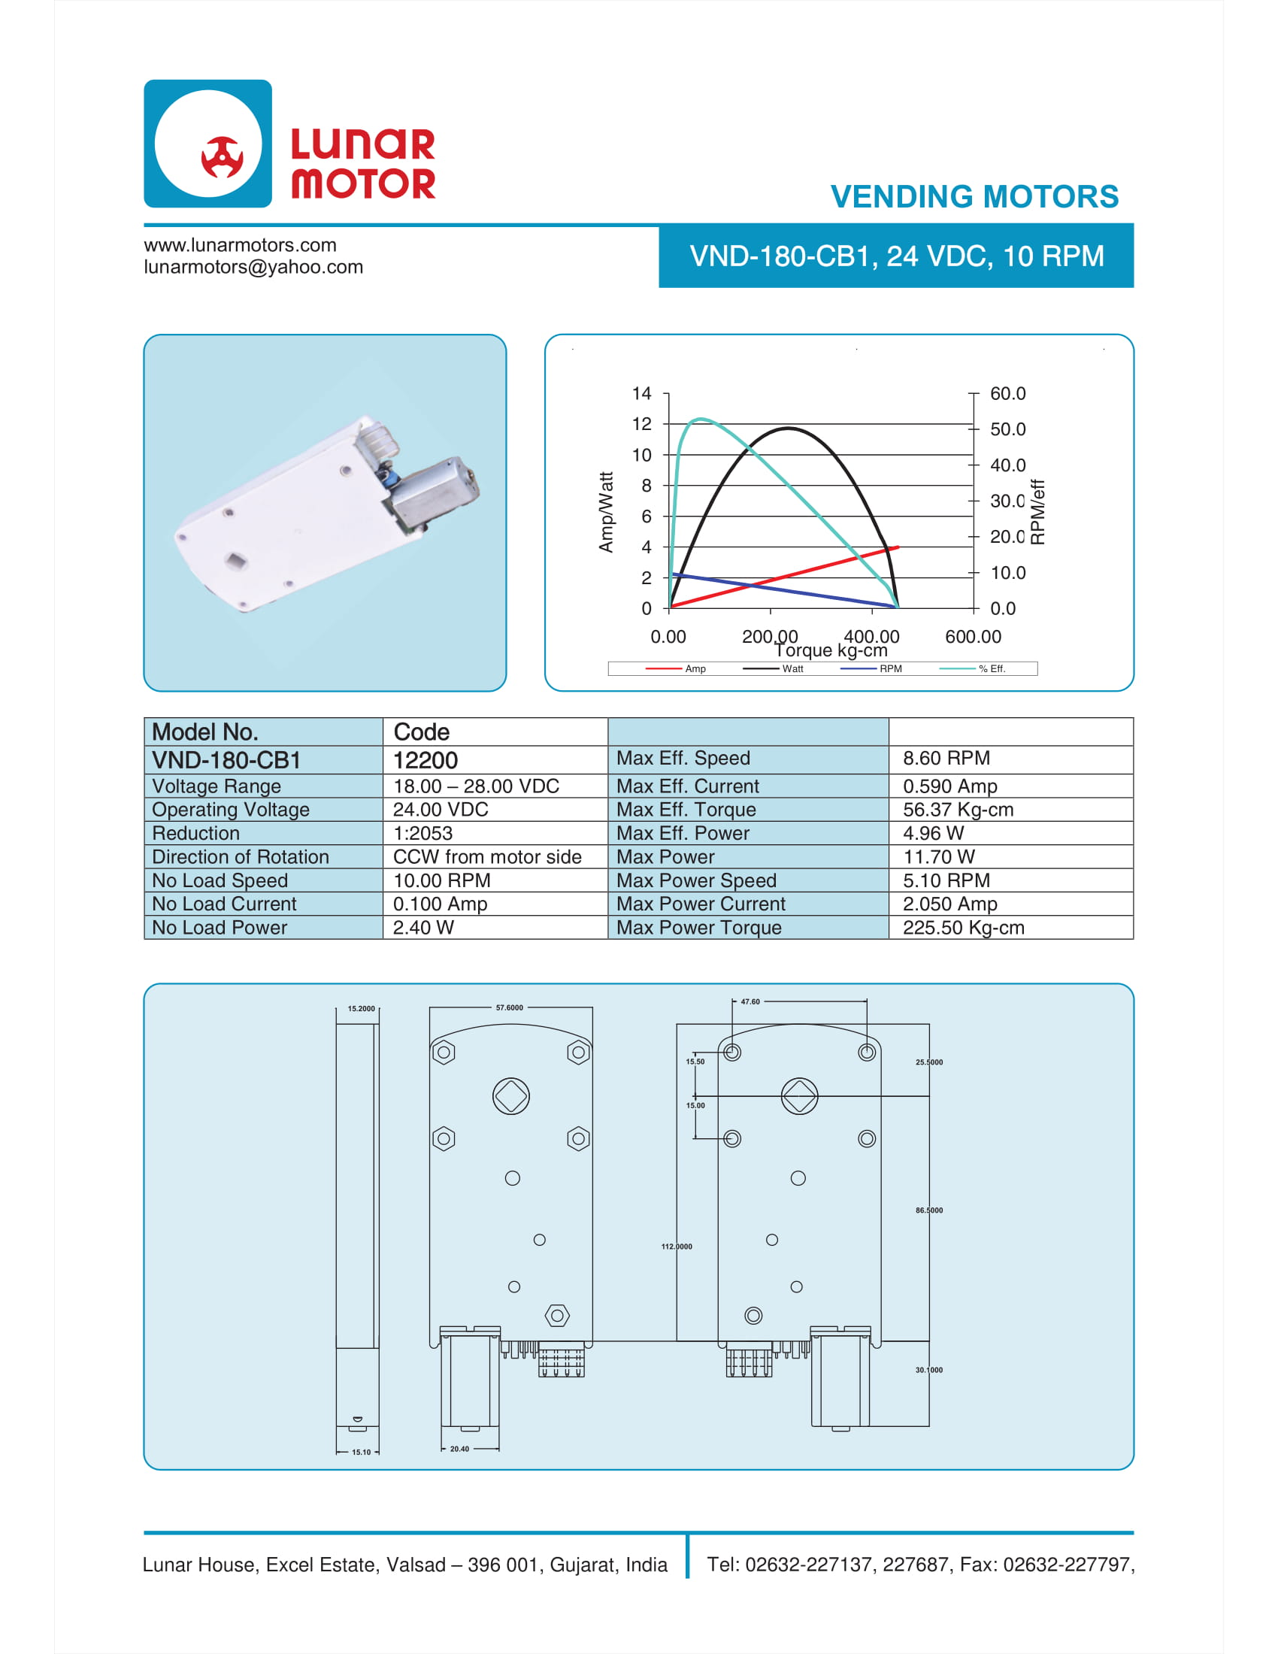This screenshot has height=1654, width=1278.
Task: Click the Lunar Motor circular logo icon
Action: (207, 143)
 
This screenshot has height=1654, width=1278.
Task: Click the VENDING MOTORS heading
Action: (974, 197)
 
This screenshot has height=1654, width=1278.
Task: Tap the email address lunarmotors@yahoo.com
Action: (253, 268)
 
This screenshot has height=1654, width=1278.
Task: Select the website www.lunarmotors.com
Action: (240, 245)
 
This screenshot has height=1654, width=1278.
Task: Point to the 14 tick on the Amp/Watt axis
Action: (641, 393)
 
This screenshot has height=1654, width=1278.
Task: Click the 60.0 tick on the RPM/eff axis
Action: (1007, 394)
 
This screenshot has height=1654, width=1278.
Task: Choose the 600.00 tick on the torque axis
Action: (973, 637)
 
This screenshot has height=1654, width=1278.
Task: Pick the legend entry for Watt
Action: (773, 668)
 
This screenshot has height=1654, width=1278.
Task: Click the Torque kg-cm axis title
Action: (831, 650)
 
